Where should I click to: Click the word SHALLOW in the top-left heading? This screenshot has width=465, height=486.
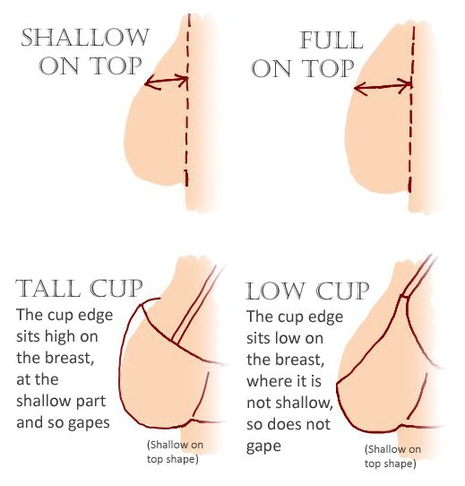coord(85,38)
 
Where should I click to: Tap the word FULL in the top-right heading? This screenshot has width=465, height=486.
coord(332,40)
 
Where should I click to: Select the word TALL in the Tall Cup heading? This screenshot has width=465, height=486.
coord(48,288)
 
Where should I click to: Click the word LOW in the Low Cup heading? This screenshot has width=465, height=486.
coord(275,291)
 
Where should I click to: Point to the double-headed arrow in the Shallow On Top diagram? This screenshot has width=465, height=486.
coord(167,82)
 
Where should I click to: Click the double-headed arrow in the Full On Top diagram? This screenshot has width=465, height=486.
coord(383,86)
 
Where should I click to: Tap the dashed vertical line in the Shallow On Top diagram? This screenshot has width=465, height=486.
coord(187,100)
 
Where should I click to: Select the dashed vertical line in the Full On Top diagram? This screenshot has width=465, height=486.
coord(412,108)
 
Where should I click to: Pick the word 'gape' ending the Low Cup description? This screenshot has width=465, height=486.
coord(263,447)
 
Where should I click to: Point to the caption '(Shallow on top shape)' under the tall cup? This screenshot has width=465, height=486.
coord(175,452)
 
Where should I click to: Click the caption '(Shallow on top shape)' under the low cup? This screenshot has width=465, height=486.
coord(392,456)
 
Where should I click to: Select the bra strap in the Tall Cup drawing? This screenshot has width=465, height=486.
coord(196,304)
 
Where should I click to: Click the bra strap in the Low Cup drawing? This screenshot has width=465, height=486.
coord(418,275)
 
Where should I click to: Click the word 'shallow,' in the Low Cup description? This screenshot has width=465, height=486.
coord(305,403)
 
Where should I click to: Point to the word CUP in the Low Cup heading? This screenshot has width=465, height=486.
coord(342,291)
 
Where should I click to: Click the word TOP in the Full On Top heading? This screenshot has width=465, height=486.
coord(328,68)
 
